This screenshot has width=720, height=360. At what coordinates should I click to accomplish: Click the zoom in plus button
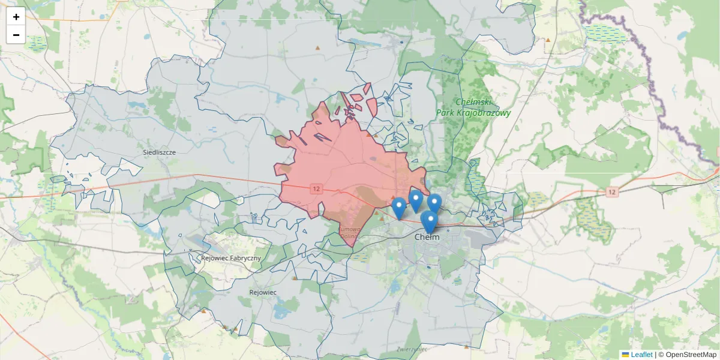coord(16,17)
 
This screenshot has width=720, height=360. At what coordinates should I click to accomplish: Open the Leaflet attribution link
coord(641,355)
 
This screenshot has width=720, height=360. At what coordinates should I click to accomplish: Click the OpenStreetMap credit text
coord(687,355)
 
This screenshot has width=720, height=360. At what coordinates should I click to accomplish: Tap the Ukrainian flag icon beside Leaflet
coord(625,355)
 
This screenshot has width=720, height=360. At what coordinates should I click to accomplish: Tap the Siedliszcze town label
coord(159,152)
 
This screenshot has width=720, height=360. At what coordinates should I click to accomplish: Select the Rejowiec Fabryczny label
coord(232,258)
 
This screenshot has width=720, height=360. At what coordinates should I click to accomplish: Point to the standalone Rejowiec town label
coord(262,292)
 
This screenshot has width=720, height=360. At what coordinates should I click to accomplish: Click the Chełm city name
coord(427,237)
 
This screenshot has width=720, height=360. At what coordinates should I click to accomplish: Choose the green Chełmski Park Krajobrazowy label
coord(473,107)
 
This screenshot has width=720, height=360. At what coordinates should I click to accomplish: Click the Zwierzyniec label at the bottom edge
coord(412,349)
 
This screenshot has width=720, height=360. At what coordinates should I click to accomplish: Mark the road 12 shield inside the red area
coord(316,189)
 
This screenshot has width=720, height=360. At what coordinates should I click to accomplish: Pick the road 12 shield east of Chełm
coord(611,192)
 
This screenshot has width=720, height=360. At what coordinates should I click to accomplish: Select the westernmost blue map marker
coord(398,208)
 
